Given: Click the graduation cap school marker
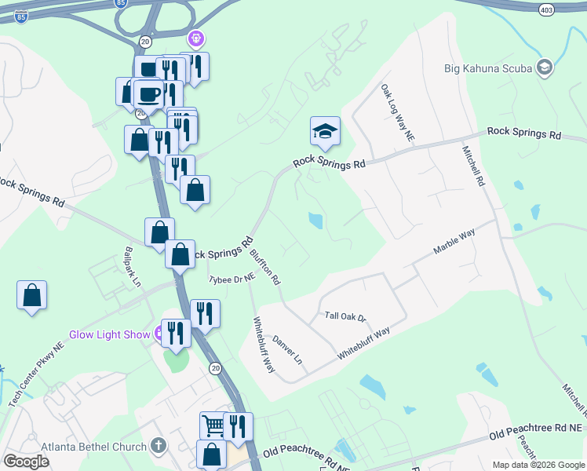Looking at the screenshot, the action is tap(325, 131).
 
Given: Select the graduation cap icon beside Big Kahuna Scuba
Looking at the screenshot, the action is tap(543, 68).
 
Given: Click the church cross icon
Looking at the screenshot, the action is tap(158, 447).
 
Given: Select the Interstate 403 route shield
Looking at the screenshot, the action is tap(547, 9).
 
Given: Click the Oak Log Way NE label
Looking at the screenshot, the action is tap(398, 114).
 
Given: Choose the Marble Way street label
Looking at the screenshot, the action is tap(455, 243).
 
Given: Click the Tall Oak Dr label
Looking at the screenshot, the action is tap(346, 316).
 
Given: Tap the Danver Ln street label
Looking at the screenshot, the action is tap(287, 349).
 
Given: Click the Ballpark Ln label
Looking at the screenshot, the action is tap(132, 266).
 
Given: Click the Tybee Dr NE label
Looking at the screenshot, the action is tap(232, 279).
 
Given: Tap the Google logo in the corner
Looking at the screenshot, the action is tap(26, 461).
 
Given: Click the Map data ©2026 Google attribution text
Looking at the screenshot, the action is tap(538, 465).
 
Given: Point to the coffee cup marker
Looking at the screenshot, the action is tap(149, 95).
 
